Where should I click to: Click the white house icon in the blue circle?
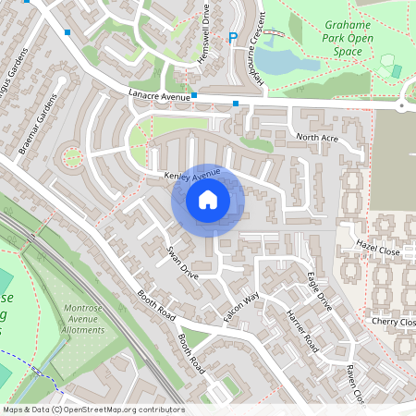click(x=208, y=199)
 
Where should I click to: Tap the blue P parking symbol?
click(x=233, y=38)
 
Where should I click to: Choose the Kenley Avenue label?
click(x=191, y=174)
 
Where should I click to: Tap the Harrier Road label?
click(x=302, y=332)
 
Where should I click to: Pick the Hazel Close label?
click(x=378, y=251)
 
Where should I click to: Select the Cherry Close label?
click(x=393, y=321)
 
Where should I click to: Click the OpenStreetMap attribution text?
click(x=93, y=410)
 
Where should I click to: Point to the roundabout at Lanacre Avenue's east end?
click(x=401, y=106)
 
